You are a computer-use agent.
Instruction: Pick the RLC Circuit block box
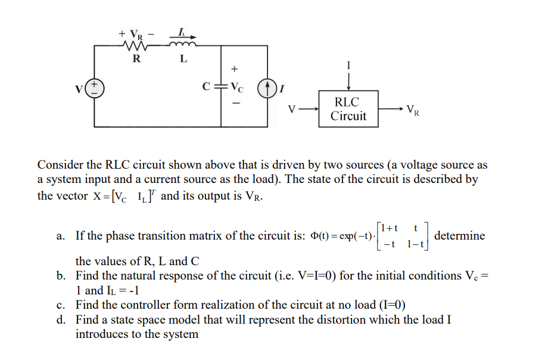[348, 108]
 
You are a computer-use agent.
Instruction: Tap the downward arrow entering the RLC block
[349, 79]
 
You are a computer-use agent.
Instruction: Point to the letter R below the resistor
[136, 58]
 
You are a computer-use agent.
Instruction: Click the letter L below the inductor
[183, 58]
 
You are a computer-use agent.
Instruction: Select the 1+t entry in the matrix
[391, 228]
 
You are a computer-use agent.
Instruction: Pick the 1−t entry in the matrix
[415, 244]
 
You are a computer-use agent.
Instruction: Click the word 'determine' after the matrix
[460, 235]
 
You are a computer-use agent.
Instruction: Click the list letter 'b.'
[61, 276]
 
